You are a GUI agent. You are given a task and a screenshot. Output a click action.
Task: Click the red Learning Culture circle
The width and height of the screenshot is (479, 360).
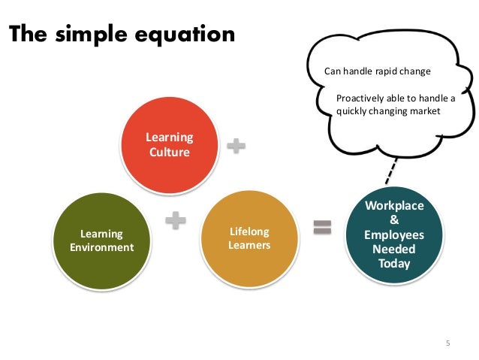tap(169, 144)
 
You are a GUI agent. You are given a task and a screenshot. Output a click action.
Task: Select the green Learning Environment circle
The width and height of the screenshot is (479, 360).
tap(101, 241)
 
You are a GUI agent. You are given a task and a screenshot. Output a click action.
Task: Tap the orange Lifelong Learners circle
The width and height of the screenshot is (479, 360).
tap(249, 238)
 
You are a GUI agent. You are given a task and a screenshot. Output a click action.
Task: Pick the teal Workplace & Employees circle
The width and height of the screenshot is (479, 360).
tap(394, 234)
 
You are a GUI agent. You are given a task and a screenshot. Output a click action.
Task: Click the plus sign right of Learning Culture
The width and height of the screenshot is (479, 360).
tap(236, 147)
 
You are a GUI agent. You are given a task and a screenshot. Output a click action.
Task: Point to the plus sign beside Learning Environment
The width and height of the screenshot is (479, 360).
tap(175, 220)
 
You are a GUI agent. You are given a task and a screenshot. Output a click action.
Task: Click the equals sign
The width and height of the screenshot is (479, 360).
tap(322, 227)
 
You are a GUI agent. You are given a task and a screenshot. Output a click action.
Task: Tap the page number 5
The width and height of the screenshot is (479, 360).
tap(447, 343)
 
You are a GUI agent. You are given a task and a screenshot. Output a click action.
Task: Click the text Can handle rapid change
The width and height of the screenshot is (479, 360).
tap(378, 72)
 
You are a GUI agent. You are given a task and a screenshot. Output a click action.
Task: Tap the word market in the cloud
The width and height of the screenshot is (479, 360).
tap(423, 111)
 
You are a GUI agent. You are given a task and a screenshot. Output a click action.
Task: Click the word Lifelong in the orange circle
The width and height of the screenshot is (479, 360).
tap(249, 231)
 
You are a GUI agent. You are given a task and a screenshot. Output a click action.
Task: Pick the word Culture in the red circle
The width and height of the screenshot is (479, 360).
tap(169, 152)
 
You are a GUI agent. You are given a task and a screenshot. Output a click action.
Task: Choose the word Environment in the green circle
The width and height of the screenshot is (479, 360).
tap(101, 247)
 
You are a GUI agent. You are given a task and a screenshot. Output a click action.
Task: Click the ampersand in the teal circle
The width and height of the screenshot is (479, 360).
tap(394, 219)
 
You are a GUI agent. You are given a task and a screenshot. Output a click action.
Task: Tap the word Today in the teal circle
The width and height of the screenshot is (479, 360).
tap(394, 263)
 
